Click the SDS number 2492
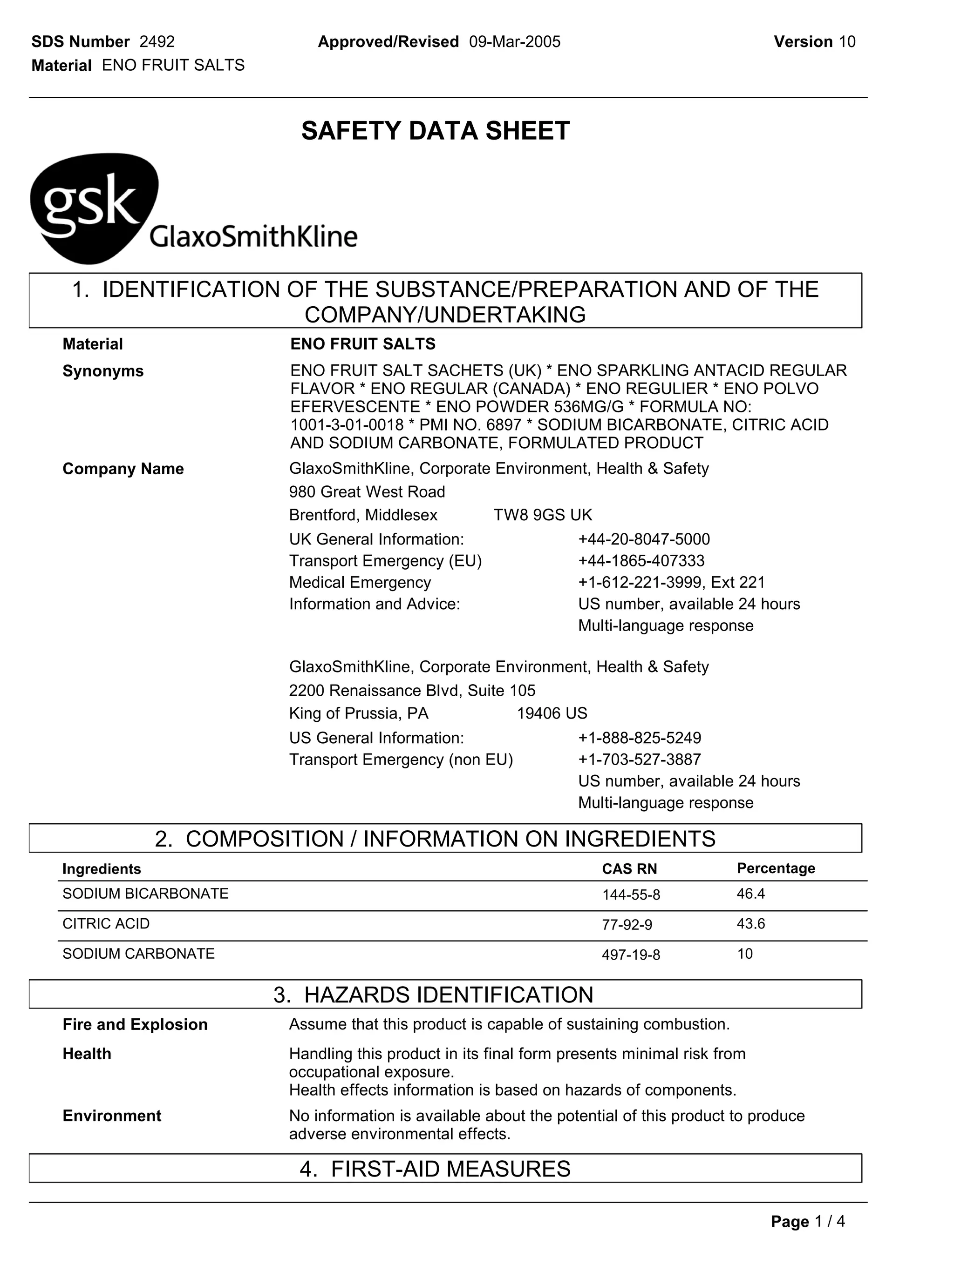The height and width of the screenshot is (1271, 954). click(x=157, y=42)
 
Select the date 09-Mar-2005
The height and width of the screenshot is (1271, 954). click(x=515, y=42)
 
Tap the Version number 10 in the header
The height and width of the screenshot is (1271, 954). click(x=847, y=42)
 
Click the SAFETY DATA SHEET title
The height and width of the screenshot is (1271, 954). click(x=436, y=131)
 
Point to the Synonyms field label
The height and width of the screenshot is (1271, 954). click(x=103, y=371)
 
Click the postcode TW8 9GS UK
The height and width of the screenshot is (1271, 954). click(x=543, y=515)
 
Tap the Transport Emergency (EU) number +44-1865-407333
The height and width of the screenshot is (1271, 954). click(x=641, y=561)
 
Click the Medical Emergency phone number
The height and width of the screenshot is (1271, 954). click(x=672, y=583)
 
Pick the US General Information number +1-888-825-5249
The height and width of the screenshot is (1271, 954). click(x=640, y=738)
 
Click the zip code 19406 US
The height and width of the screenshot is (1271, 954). click(x=552, y=713)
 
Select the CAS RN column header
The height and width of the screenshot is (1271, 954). click(x=629, y=869)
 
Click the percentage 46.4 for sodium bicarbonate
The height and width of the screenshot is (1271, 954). click(x=750, y=894)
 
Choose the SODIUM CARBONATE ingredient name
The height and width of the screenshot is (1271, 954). click(x=139, y=954)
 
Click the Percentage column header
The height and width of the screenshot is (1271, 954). click(x=776, y=868)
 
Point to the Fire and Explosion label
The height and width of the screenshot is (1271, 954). click(x=135, y=1024)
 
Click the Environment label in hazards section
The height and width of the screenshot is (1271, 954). click(x=111, y=1116)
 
